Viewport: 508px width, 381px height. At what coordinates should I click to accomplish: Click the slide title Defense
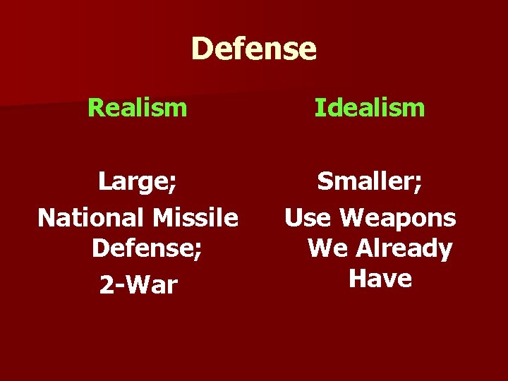(253, 49)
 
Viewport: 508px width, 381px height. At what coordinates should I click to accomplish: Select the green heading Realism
(138, 108)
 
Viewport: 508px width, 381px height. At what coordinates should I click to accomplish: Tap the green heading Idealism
(370, 108)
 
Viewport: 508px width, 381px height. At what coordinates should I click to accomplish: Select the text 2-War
(138, 284)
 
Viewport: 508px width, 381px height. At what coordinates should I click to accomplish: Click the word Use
(308, 218)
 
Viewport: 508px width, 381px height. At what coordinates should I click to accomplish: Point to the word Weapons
(398, 218)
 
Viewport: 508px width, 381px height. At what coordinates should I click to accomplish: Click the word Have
(380, 279)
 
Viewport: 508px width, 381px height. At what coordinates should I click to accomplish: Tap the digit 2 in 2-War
(106, 284)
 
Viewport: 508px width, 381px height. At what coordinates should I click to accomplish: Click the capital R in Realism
(95, 108)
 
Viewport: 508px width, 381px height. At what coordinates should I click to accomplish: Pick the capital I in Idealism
(317, 108)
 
